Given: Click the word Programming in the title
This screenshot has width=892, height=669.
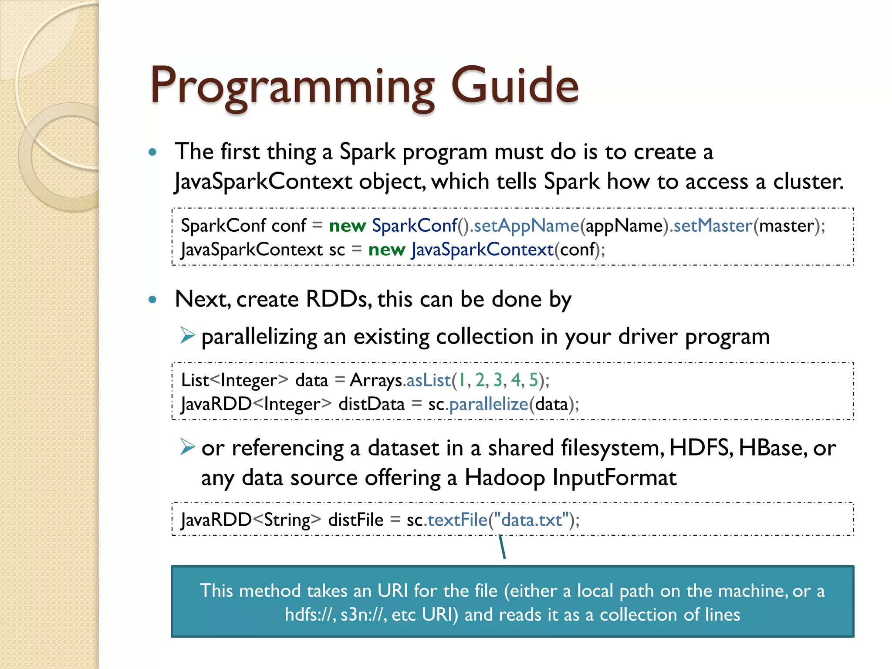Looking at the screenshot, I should click(x=292, y=87).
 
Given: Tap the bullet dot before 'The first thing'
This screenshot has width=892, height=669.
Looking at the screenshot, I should click(x=152, y=152).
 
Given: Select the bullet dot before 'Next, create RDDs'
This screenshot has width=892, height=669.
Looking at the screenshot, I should click(x=152, y=300).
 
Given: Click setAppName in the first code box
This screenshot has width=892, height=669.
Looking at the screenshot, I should click(x=526, y=226).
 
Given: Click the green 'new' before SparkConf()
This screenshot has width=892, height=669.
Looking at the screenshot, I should click(x=347, y=226).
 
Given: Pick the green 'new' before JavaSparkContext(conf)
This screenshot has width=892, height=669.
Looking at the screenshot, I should click(x=386, y=250).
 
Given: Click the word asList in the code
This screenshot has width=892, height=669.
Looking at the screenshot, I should click(x=429, y=380).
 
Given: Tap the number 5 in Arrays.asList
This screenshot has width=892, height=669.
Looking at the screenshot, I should click(x=533, y=380).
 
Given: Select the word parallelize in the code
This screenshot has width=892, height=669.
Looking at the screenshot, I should click(x=489, y=404).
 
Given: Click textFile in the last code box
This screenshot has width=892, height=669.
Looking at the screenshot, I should click(x=457, y=520).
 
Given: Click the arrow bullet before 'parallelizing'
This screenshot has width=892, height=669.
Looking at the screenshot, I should click(x=187, y=335).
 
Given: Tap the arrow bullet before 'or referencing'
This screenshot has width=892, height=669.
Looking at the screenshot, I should click(x=187, y=447).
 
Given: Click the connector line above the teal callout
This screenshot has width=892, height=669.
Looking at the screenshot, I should click(x=502, y=547).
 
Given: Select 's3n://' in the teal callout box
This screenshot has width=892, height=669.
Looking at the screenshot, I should click(x=364, y=615).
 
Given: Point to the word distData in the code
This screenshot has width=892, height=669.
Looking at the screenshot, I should click(x=372, y=404).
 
